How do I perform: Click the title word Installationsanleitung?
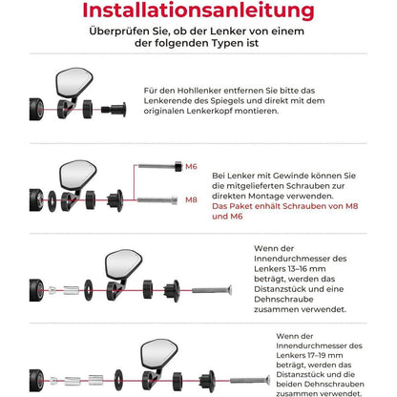tap(198, 13)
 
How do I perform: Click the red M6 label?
tap(191, 166)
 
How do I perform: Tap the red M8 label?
tap(191, 199)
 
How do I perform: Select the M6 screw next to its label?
tap(159, 166)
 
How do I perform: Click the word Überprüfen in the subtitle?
tap(118, 34)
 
